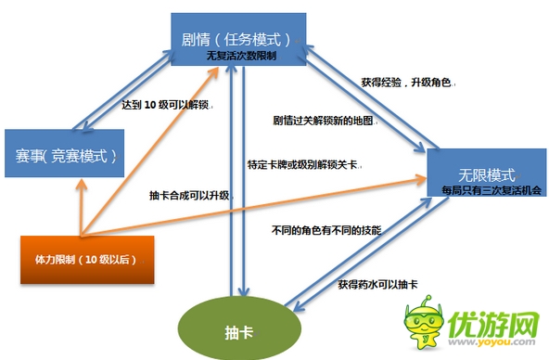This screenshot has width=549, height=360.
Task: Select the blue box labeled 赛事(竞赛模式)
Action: (63, 153)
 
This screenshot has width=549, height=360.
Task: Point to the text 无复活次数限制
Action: (241, 57)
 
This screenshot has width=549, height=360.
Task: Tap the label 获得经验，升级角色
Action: (405, 84)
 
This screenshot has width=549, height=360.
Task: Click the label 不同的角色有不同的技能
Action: (327, 228)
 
